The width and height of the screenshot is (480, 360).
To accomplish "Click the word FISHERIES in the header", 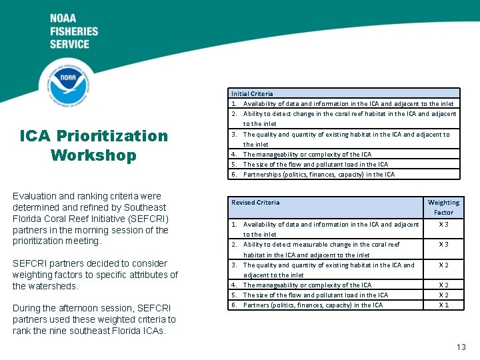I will tap(73, 31).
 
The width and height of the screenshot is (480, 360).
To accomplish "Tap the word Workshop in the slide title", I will tap(93, 155).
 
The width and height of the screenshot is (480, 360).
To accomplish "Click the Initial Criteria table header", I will tap(252, 93).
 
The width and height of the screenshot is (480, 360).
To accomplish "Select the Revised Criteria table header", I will tap(255, 203).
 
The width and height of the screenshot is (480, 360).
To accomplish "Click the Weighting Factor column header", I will tap(443, 207).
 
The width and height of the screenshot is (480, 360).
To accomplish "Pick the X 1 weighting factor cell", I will tap(443, 305).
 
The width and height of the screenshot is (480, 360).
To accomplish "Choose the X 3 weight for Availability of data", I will tap(443, 225).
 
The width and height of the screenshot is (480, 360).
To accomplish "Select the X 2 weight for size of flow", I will tap(443, 295).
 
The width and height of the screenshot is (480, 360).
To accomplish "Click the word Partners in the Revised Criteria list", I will tap(257, 305).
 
